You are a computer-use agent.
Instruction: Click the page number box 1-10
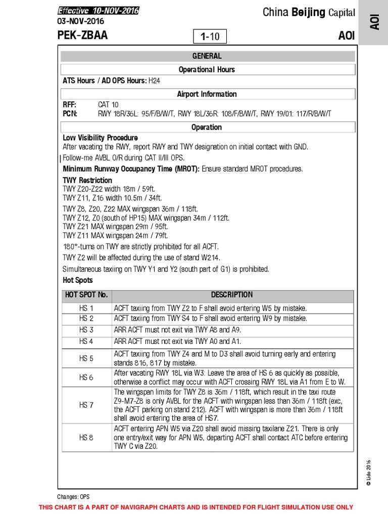[210, 36]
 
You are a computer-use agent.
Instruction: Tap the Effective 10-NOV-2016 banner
[98, 11]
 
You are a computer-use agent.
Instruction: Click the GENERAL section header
[207, 56]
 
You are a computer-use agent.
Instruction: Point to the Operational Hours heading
[207, 70]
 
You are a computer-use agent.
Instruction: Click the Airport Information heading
[207, 94]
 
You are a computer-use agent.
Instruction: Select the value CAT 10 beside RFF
[108, 105]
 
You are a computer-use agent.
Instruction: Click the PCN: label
[70, 113]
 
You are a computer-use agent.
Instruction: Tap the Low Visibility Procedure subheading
[100, 138]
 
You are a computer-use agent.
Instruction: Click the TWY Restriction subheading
[87, 180]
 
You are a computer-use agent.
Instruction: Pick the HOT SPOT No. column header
[86, 295]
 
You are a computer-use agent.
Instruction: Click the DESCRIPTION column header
[232, 295]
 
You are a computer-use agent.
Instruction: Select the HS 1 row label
[86, 308]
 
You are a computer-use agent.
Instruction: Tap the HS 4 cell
[86, 341]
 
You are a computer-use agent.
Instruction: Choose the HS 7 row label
[86, 405]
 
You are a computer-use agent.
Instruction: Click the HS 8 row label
[86, 438]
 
